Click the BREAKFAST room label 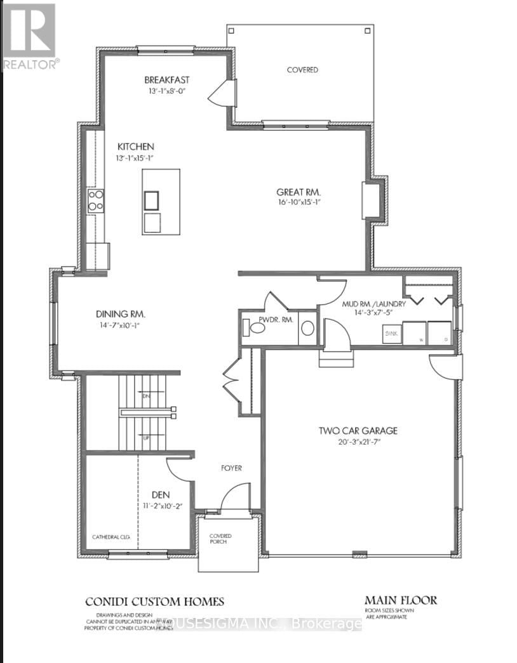[x=166, y=80]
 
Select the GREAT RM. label [x=299, y=192]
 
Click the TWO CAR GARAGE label [x=358, y=431]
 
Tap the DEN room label [x=161, y=495]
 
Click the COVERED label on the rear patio [x=302, y=70]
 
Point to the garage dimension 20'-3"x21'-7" [x=358, y=442]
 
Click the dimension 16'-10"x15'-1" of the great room [x=299, y=203]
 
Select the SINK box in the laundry [x=391, y=332]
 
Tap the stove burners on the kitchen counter [x=95, y=200]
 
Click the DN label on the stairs [x=145, y=396]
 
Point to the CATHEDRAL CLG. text [x=111, y=537]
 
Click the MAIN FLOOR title [x=400, y=600]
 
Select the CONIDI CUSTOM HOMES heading [x=155, y=602]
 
